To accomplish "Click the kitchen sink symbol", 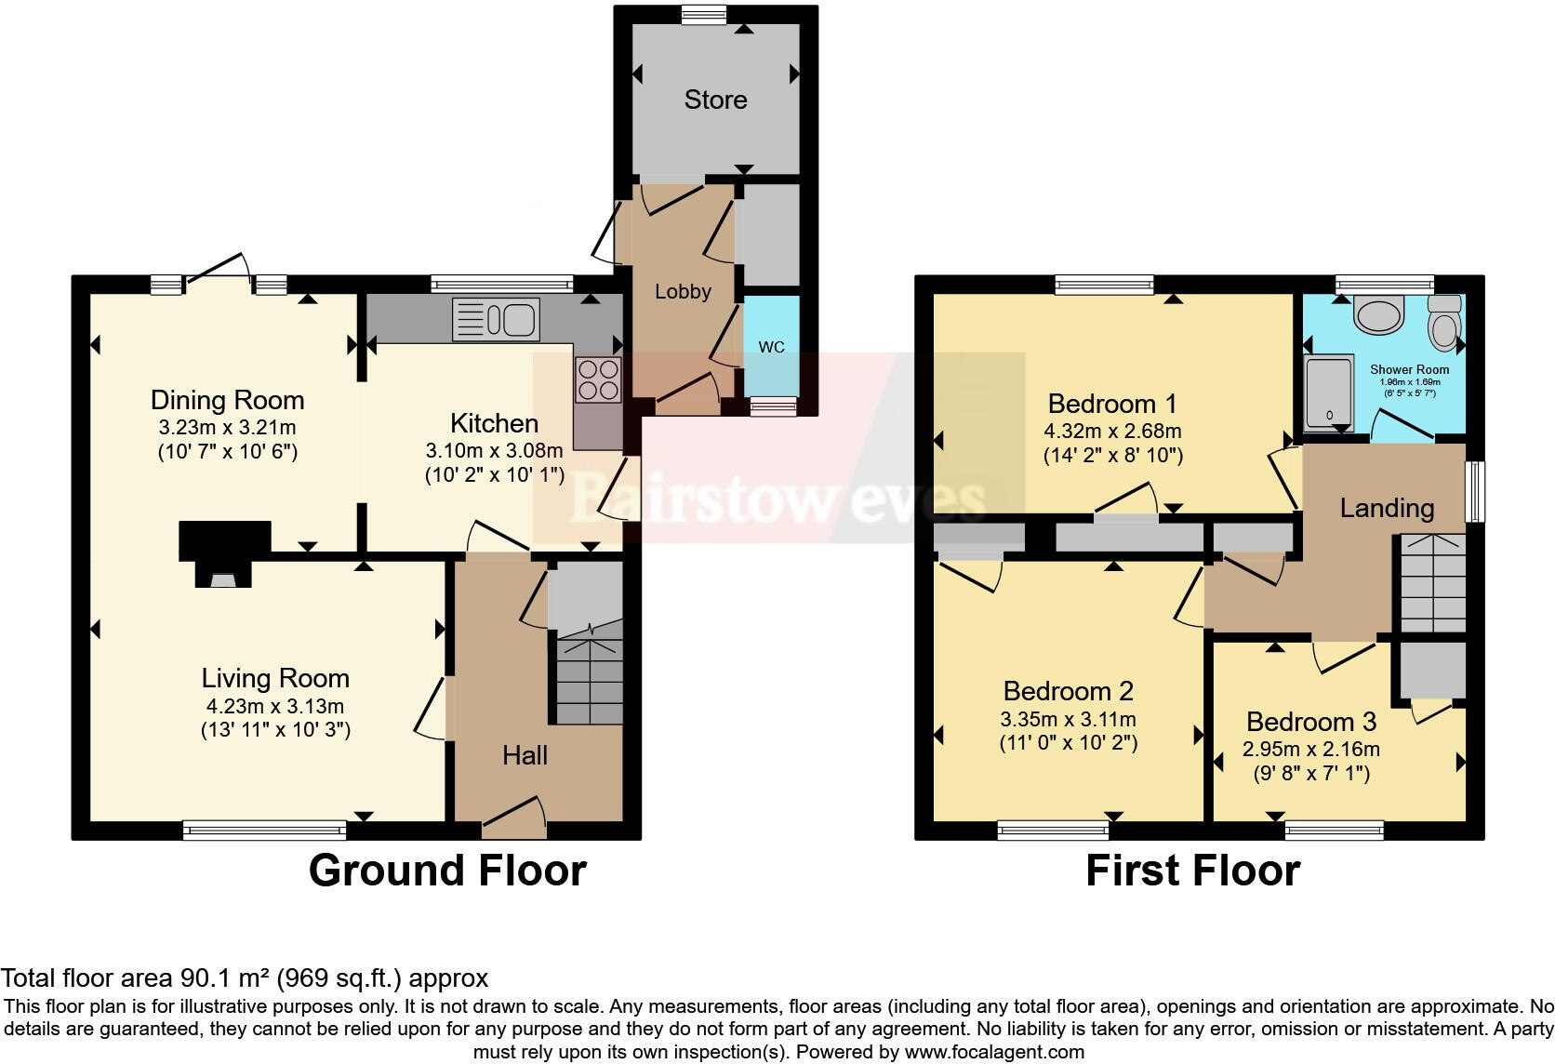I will click(x=496, y=320).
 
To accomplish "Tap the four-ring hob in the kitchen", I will click(x=597, y=379).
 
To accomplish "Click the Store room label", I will click(x=715, y=100).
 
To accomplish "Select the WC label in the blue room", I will click(x=771, y=347).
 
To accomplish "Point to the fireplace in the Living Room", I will click(x=223, y=555).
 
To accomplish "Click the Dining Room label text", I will click(x=227, y=400).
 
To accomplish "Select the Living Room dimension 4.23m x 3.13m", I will click(x=275, y=706).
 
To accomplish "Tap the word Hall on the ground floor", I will click(x=525, y=755).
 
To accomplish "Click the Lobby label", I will click(x=683, y=291).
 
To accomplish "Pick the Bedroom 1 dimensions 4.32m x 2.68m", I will click(x=1112, y=432).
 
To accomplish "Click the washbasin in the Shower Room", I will click(x=1377, y=315).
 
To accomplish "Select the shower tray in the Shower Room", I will click(x=1328, y=392).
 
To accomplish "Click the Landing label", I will click(x=1386, y=508).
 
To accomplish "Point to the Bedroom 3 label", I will click(x=1310, y=722).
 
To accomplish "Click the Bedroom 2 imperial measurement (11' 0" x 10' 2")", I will click(x=1068, y=743).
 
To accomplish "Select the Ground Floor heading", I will click(x=447, y=871).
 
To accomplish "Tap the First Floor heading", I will click(x=1192, y=871).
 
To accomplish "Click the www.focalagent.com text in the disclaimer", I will click(x=993, y=1052).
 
